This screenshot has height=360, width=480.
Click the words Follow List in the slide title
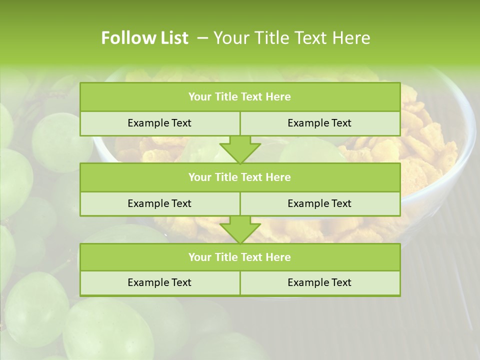[x=144, y=38]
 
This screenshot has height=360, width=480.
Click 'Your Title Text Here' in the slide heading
[x=291, y=38]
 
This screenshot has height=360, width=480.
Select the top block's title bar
[x=240, y=97]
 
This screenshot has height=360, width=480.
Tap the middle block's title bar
[x=240, y=177]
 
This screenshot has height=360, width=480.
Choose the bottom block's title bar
[x=240, y=257]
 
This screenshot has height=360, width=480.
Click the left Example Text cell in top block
[x=160, y=123]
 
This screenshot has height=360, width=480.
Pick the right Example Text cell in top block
[x=320, y=123]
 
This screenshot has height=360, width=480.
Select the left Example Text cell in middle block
[x=160, y=203]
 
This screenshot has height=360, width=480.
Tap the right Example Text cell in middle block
[x=320, y=203]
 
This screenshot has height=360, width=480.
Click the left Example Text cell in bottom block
[x=160, y=282]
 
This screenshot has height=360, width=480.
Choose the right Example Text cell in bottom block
[x=320, y=282]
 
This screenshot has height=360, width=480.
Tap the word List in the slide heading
[x=171, y=38]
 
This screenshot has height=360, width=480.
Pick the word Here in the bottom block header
[x=278, y=257]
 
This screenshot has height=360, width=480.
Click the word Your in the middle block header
[x=200, y=177]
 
